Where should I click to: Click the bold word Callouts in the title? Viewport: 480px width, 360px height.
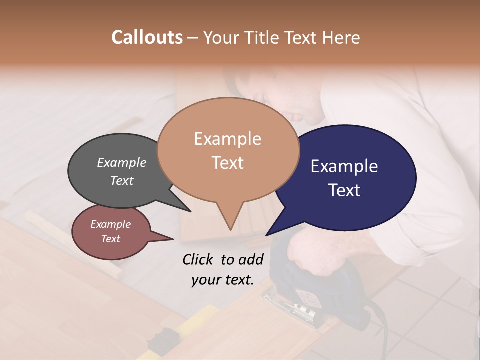(x=147, y=37)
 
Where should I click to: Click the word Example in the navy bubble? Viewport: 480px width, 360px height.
(x=344, y=166)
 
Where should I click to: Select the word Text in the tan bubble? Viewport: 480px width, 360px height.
(x=228, y=163)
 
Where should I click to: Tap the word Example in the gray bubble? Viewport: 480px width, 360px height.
(x=122, y=162)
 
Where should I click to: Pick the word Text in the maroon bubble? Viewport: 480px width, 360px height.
(x=111, y=239)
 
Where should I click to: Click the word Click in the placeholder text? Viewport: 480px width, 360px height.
(x=198, y=259)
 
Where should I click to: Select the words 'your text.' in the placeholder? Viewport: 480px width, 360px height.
(x=223, y=280)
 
